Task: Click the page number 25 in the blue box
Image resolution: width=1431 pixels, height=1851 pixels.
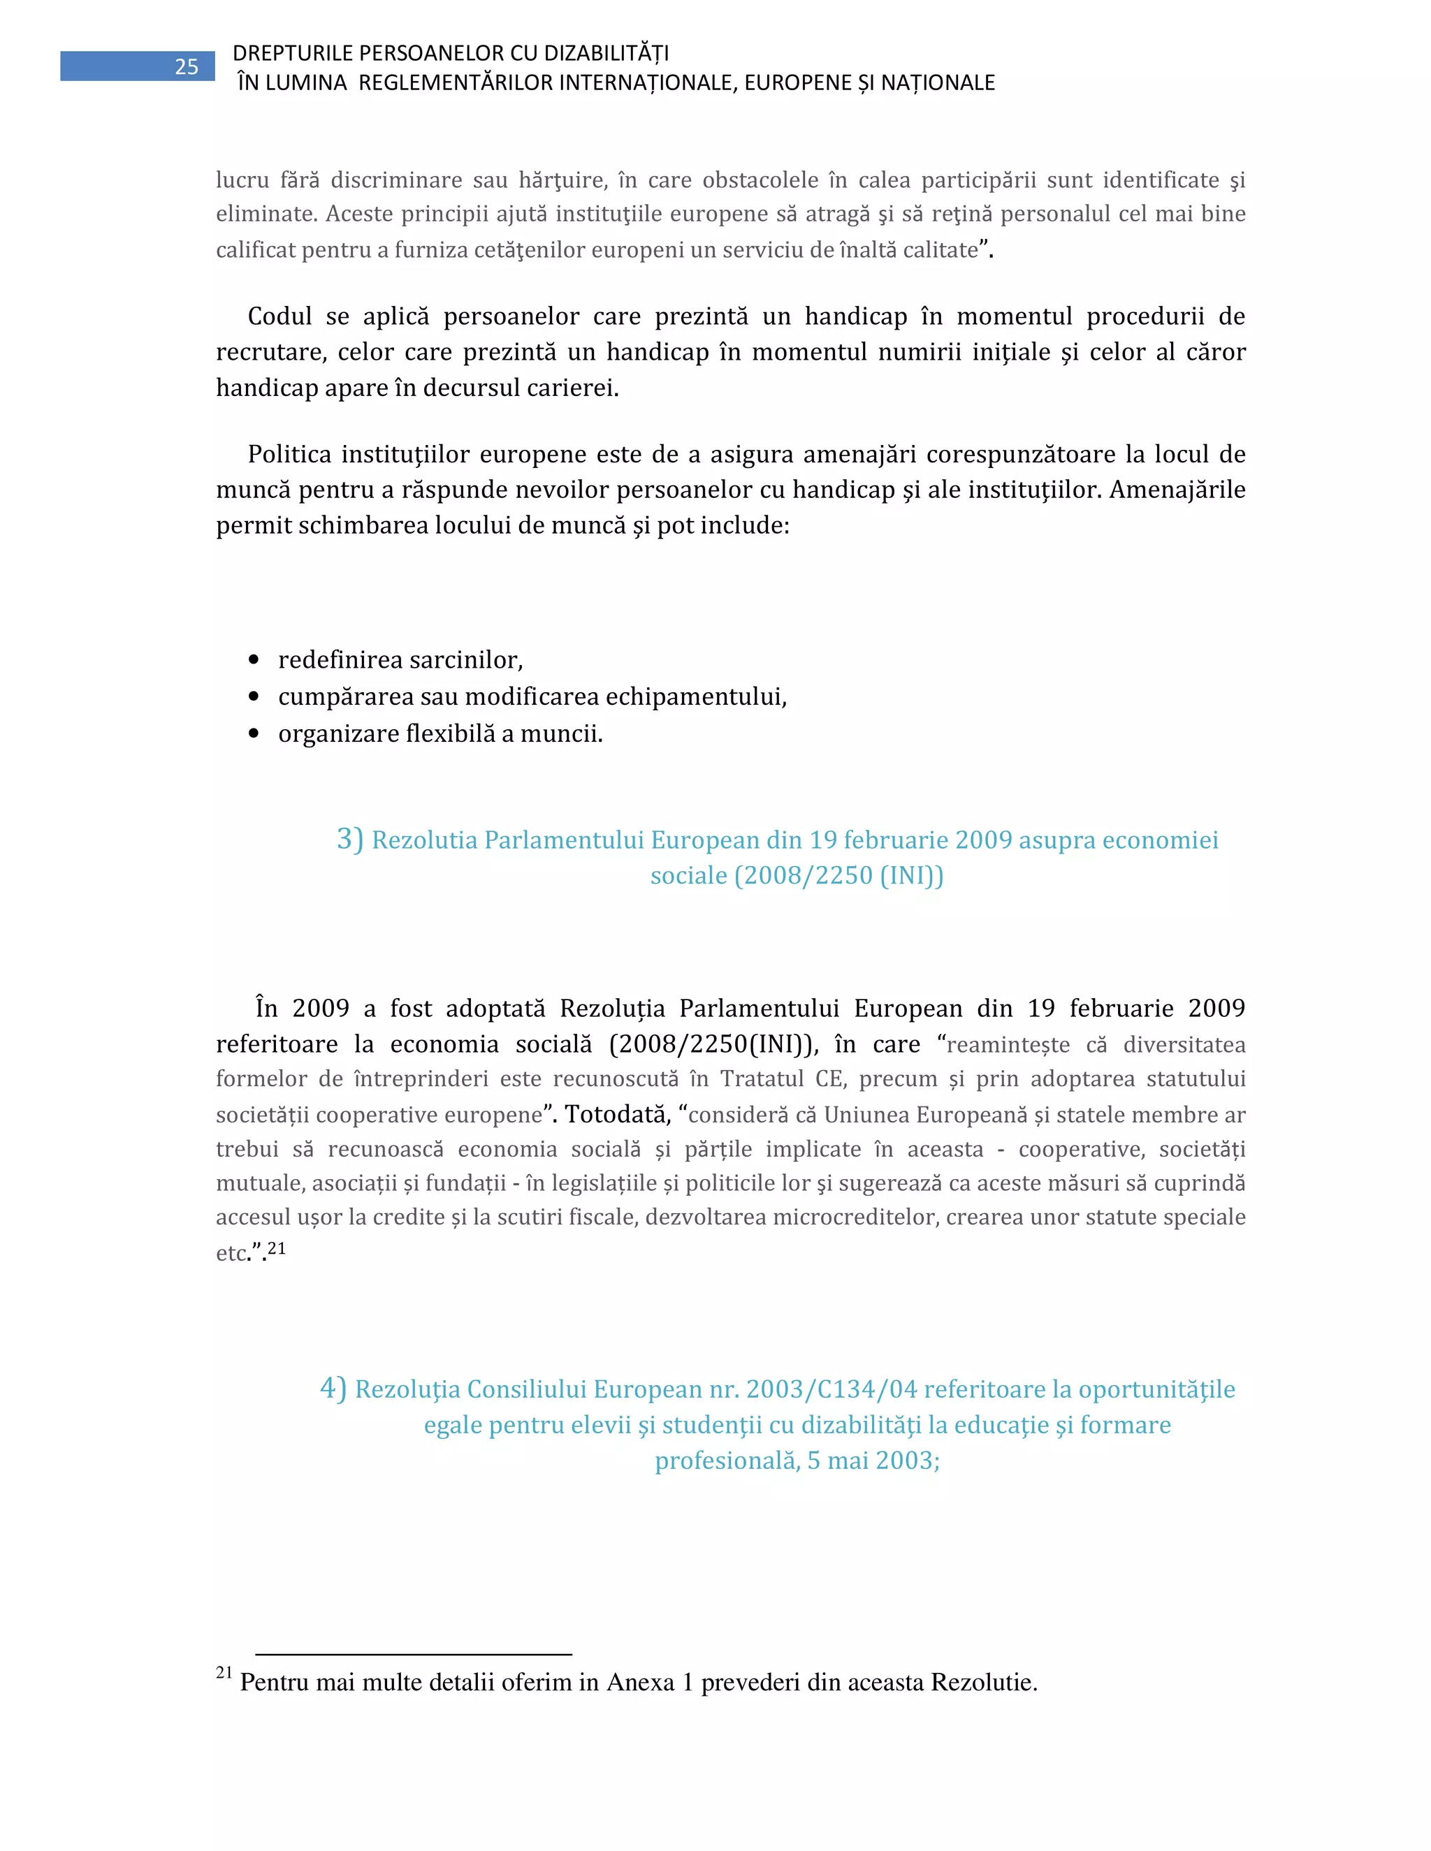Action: [x=187, y=67]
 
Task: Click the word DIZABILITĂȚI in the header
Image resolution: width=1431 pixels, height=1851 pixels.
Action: [x=606, y=52]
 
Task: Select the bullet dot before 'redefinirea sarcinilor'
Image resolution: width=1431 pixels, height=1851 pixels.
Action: [x=254, y=659]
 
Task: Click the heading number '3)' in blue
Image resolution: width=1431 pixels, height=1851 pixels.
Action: [x=349, y=839]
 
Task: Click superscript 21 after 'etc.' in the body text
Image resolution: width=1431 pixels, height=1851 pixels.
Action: [x=277, y=1248]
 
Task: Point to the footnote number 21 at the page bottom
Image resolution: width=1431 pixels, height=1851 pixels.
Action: [x=224, y=1672]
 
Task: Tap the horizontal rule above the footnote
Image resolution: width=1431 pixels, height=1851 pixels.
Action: [x=414, y=1653]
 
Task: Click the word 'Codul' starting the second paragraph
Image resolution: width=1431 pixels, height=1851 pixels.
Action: [x=279, y=317]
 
